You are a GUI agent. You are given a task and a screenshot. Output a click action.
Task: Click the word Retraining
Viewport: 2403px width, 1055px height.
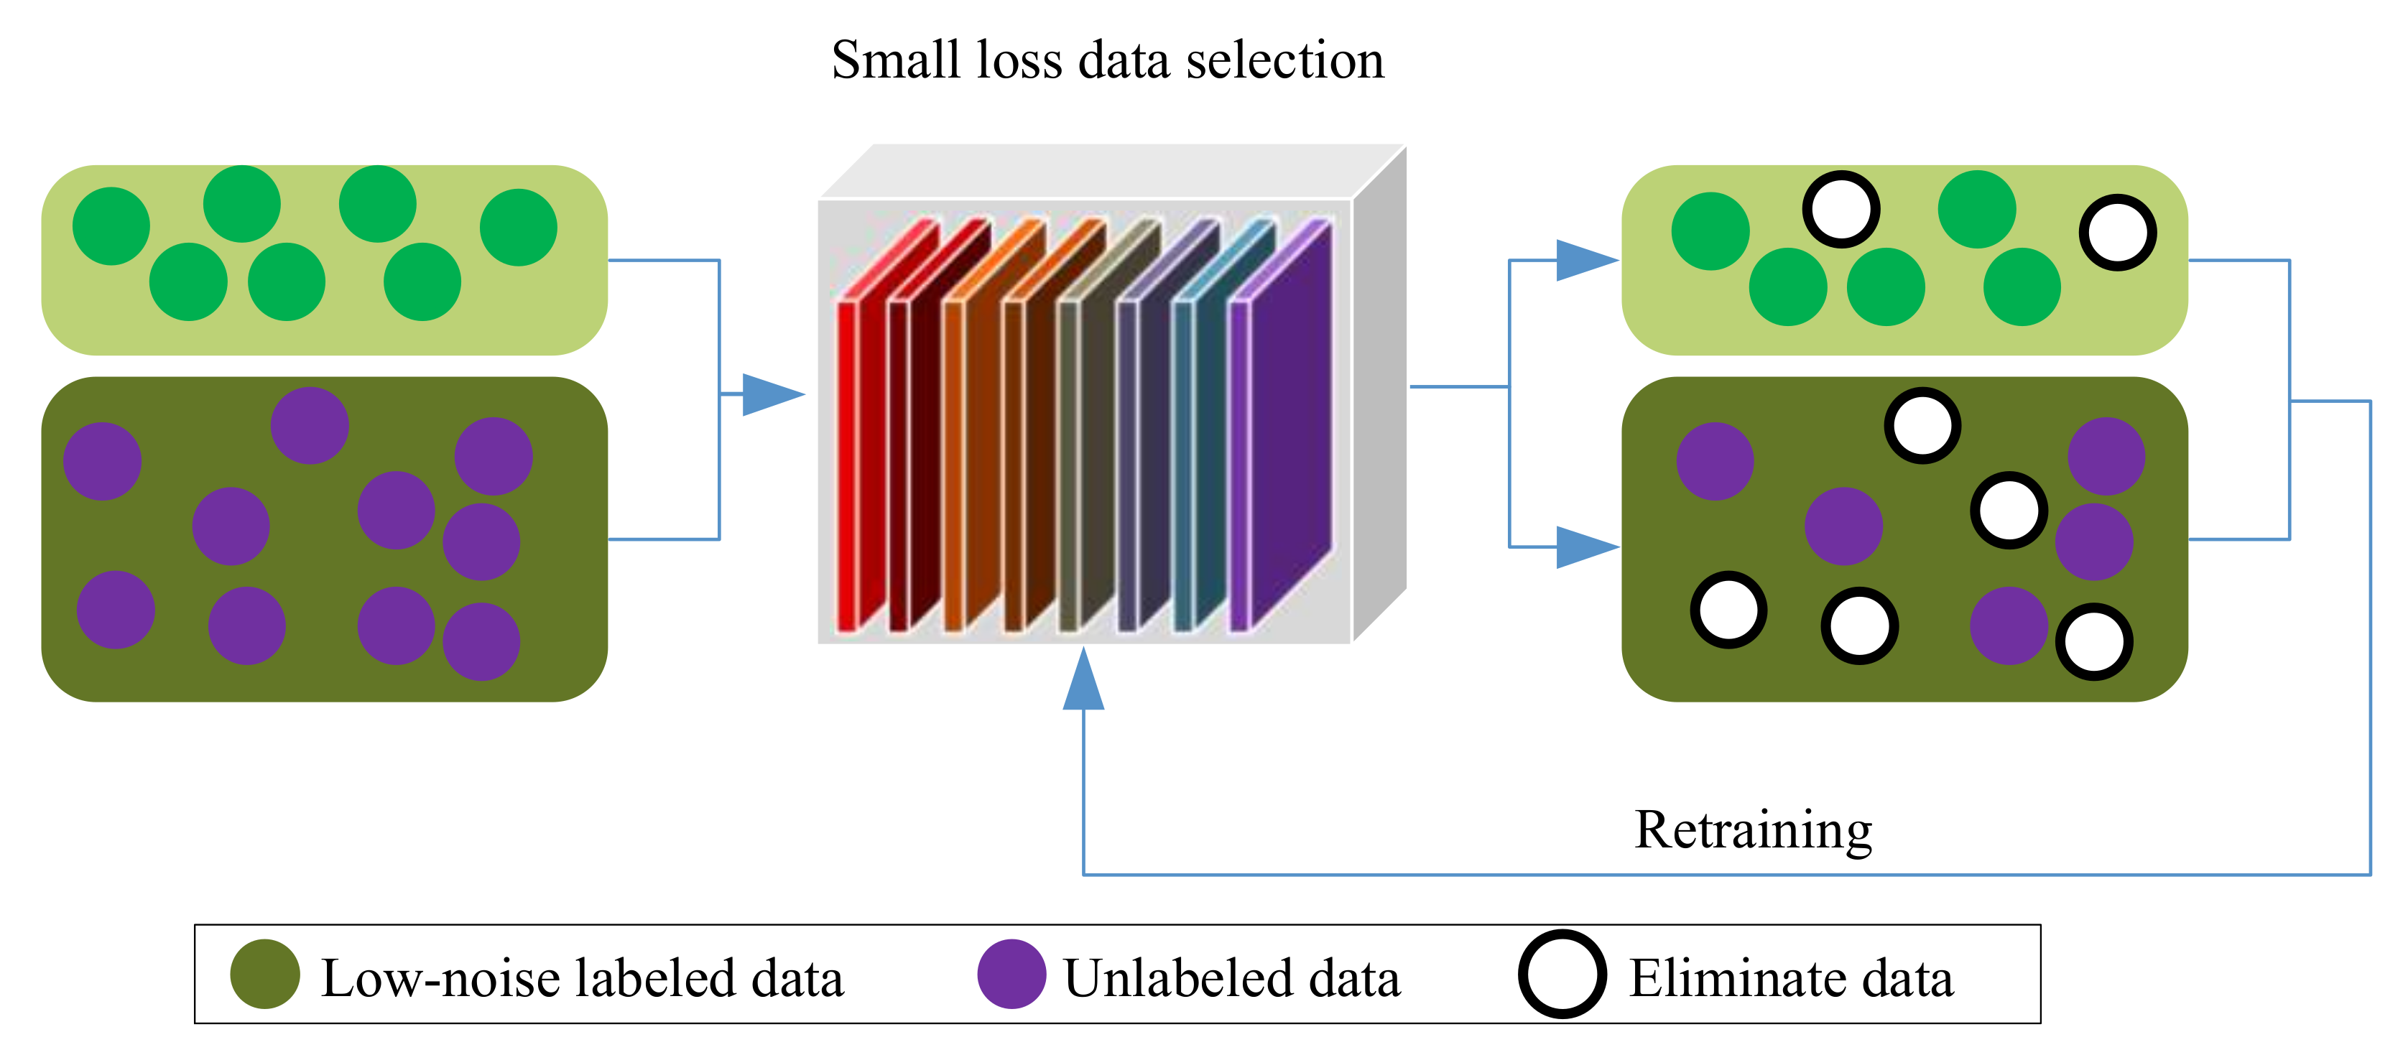(1753, 829)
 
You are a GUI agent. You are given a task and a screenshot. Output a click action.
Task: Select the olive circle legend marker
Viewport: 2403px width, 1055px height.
(265, 974)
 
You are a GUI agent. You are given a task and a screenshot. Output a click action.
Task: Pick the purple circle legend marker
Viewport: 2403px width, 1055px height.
(1011, 974)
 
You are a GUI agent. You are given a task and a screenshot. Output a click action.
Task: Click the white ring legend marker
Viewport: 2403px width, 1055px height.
(1562, 974)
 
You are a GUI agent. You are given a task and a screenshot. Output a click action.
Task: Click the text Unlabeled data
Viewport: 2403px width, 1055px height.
(1231, 978)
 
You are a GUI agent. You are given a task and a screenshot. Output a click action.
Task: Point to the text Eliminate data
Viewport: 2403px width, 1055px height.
(1791, 978)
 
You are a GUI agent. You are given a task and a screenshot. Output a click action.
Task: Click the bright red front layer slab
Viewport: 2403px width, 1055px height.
(847, 466)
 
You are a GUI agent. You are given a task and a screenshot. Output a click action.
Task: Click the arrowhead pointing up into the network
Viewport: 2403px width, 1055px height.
(1083, 681)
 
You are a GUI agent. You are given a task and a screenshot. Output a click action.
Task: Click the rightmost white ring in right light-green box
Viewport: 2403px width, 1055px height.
(2118, 232)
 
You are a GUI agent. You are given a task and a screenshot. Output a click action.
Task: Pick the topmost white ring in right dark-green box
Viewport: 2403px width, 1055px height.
(1922, 425)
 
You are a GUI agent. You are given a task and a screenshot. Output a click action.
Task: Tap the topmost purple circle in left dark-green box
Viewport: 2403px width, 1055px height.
(310, 425)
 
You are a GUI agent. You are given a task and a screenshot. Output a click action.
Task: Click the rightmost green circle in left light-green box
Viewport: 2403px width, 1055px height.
(519, 228)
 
